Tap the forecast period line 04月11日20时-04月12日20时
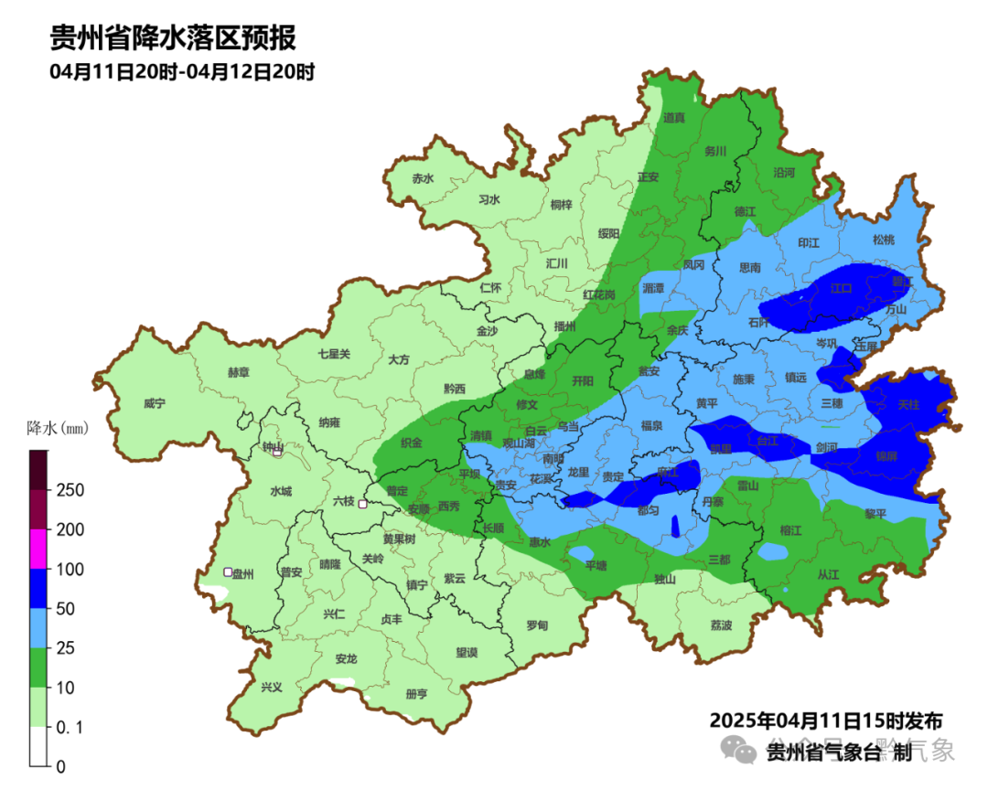182,71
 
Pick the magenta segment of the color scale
38,550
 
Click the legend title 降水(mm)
57,428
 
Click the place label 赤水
423,178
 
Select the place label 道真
674,117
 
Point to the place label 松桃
883,240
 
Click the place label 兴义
272,687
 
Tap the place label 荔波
721,625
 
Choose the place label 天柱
908,403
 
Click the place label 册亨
416,694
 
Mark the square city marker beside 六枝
363,504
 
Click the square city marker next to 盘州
228,572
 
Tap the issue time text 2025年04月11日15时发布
825,720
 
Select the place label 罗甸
537,625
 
